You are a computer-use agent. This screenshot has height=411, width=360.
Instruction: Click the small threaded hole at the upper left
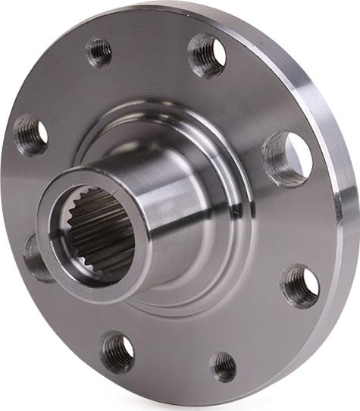[x=99, y=52]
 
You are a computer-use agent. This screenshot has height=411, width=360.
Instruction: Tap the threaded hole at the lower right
[x=301, y=286]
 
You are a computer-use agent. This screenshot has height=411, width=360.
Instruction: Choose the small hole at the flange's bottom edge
[x=223, y=366]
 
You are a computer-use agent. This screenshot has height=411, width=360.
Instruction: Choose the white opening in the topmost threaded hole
[x=218, y=52]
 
